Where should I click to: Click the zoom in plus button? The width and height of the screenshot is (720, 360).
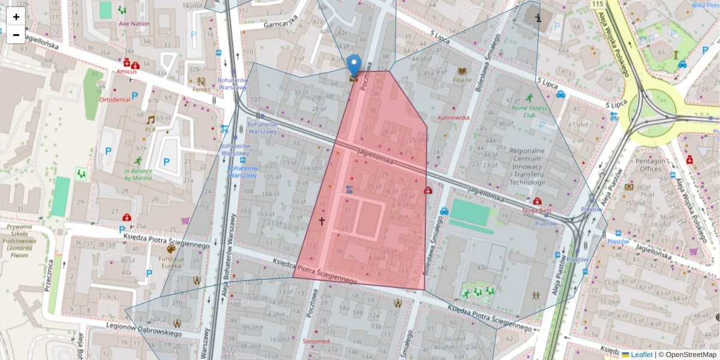pyautogui.click(x=16, y=17)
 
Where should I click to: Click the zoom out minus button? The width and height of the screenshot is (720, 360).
pyautogui.click(x=16, y=35)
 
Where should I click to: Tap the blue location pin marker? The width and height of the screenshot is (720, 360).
pyautogui.click(x=355, y=64)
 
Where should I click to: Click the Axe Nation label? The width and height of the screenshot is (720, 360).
pyautogui.click(x=134, y=24)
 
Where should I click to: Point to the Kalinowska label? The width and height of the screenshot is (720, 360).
pyautogui.click(x=454, y=118)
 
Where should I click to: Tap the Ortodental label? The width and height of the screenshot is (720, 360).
pyautogui.click(x=115, y=100)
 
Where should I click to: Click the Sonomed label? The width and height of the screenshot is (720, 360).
pyautogui.click(x=316, y=341)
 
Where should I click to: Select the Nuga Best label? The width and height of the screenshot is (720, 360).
pyautogui.click(x=537, y=211)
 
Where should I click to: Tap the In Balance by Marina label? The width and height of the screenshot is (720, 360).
pyautogui.click(x=138, y=175)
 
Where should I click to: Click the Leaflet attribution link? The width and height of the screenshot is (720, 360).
pyautogui.click(x=641, y=355)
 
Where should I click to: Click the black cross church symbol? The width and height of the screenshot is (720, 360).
pyautogui.click(x=322, y=221)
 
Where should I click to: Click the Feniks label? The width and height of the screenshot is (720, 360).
pyautogui.click(x=201, y=89)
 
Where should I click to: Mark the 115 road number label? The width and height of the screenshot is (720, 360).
pyautogui.click(x=597, y=5)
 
